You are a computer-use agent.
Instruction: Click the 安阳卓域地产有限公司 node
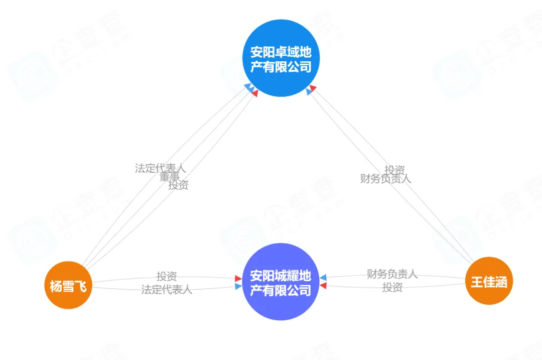click(281, 59)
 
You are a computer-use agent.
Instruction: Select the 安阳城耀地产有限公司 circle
click(281, 282)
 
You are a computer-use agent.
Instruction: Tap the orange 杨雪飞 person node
click(68, 286)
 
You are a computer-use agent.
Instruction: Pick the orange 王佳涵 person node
click(488, 281)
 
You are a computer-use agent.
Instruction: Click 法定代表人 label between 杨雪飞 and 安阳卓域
click(160, 168)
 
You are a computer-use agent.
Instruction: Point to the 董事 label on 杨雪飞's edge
click(170, 177)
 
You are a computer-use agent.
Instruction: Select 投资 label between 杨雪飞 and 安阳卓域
click(178, 185)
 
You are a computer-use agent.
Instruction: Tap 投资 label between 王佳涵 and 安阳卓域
click(394, 170)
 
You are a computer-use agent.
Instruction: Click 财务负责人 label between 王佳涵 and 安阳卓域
click(385, 178)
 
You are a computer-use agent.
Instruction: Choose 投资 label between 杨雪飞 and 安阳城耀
click(167, 276)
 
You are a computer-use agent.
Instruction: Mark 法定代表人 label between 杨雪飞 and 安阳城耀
click(167, 289)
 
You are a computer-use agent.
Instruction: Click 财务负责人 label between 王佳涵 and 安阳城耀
click(392, 274)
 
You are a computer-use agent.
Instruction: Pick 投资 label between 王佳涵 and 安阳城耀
click(392, 287)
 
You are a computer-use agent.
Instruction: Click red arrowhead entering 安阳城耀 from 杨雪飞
click(238, 278)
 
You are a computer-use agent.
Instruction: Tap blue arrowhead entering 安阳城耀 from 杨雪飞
click(238, 286)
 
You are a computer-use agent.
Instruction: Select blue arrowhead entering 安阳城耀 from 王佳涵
click(323, 278)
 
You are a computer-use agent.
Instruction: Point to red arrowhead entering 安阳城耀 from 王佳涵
click(323, 286)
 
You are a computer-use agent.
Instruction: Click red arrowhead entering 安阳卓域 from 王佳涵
click(313, 88)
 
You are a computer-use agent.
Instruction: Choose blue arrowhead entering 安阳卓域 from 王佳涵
click(309, 92)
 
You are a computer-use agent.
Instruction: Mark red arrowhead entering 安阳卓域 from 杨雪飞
click(254, 93)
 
